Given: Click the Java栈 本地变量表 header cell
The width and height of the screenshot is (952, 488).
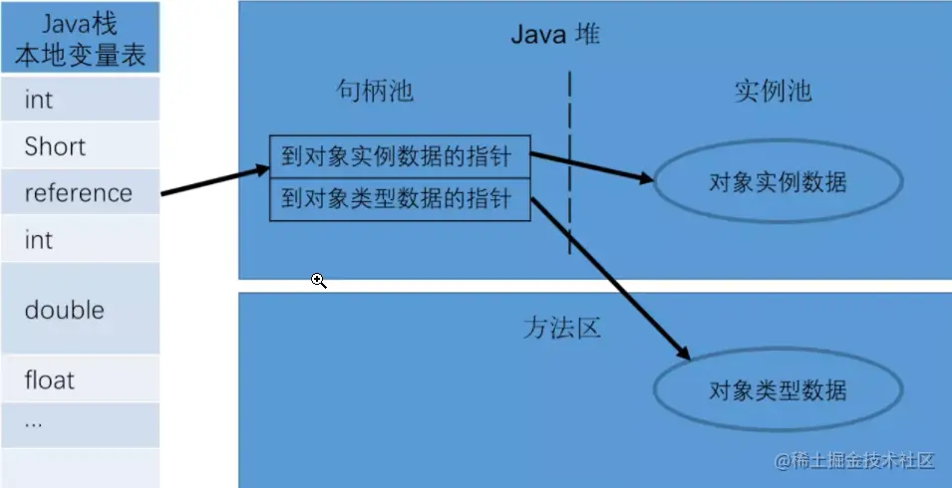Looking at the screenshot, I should [x=80, y=38].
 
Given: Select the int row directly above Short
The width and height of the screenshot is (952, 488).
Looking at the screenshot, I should [x=80, y=100].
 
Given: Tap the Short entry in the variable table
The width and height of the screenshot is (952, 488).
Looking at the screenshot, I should [x=80, y=146].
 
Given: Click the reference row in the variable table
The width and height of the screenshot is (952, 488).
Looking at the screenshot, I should [x=80, y=192].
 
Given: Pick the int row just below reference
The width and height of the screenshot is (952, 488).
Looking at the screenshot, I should [x=80, y=240].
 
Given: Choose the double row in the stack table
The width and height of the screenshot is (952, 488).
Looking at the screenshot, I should [x=80, y=310].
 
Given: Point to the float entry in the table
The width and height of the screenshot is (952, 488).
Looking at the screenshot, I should [x=80, y=379].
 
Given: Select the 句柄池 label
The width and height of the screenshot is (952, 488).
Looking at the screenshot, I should [x=374, y=92].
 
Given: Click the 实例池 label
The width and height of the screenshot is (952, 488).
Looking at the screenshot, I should [x=773, y=92].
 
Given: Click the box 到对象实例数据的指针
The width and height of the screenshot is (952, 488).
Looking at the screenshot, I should [x=400, y=155].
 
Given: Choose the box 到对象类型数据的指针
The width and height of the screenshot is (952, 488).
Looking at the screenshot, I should [x=400, y=199].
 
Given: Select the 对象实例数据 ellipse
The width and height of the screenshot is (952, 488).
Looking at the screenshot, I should [x=778, y=182].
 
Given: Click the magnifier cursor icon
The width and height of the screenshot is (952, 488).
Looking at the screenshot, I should [x=318, y=281].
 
